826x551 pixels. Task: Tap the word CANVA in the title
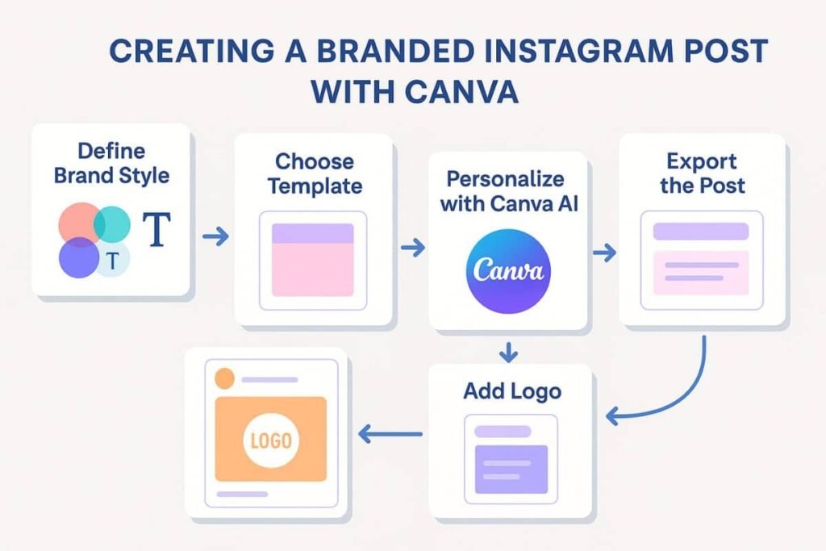tap(461, 92)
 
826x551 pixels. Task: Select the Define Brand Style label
tap(111, 163)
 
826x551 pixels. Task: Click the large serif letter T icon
tap(157, 229)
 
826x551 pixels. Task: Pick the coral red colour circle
tap(79, 223)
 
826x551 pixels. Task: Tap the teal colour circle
tap(112, 224)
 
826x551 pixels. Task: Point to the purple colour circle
tap(79, 257)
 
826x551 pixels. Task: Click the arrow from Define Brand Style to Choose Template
tap(215, 236)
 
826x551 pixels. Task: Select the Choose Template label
tap(315, 173)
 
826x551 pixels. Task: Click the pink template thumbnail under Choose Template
tap(313, 260)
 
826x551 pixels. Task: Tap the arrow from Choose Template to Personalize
tap(412, 247)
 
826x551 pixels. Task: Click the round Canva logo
tap(508, 271)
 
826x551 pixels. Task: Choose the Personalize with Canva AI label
tap(509, 191)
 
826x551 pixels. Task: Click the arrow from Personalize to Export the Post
tap(604, 253)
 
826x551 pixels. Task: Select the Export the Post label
tap(703, 173)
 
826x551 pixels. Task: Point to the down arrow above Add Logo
tap(508, 353)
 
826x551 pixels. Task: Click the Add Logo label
tap(512, 391)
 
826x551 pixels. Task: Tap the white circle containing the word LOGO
tap(271, 441)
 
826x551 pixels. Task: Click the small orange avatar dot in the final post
tap(225, 378)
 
